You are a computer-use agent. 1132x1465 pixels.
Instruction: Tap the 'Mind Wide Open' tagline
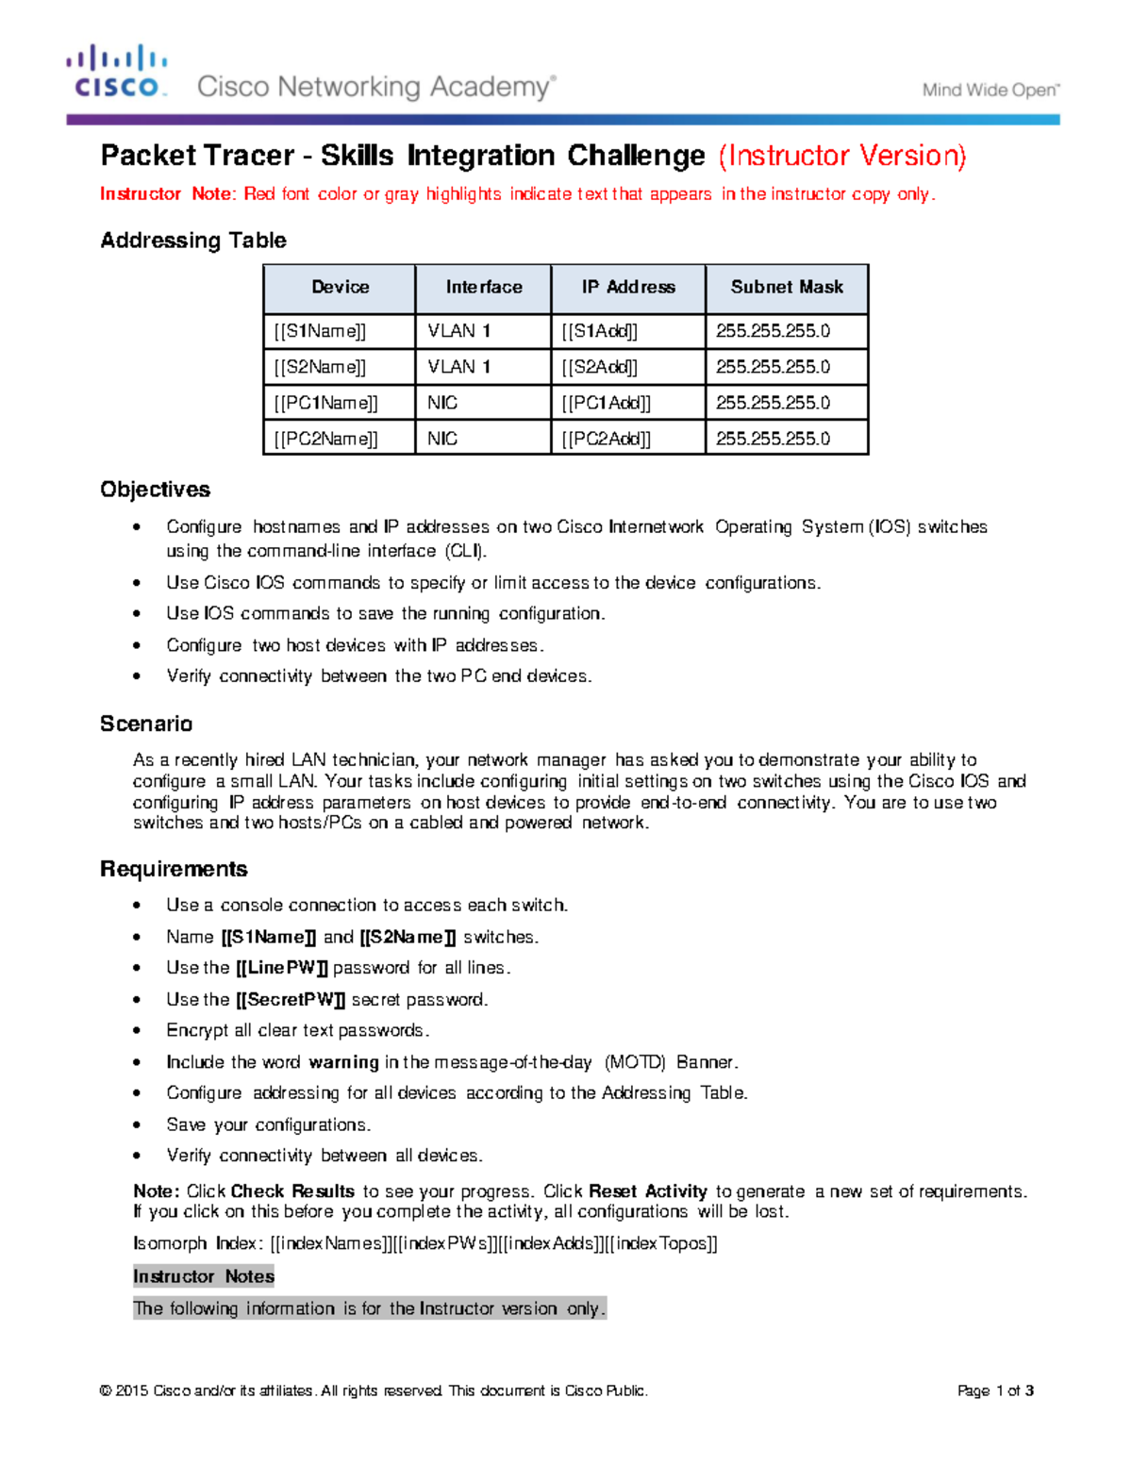pyautogui.click(x=990, y=91)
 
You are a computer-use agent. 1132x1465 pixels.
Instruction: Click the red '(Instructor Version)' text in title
pyautogui.click(x=842, y=156)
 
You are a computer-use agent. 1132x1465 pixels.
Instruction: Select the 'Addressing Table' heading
pyautogui.click(x=193, y=241)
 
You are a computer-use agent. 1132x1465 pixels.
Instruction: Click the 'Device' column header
pyautogui.click(x=340, y=288)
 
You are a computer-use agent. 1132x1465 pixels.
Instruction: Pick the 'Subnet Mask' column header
pyautogui.click(x=787, y=288)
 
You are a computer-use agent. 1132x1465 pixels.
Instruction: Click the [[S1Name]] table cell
pyautogui.click(x=321, y=331)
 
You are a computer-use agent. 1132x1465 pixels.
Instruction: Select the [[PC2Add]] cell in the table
pyautogui.click(x=607, y=439)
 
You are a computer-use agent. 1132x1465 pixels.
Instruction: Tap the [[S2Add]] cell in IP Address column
pyautogui.click(x=600, y=367)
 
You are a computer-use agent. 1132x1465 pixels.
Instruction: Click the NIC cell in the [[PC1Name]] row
pyautogui.click(x=442, y=403)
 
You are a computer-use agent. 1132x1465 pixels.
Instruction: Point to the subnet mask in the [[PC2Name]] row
pyautogui.click(x=773, y=439)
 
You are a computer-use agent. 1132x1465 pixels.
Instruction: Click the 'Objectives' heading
pyautogui.click(x=155, y=490)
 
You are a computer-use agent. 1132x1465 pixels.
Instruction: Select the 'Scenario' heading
pyautogui.click(x=146, y=724)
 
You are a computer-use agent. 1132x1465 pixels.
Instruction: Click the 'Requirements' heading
pyautogui.click(x=174, y=869)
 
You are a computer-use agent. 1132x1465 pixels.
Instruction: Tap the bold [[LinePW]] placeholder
pyautogui.click(x=281, y=968)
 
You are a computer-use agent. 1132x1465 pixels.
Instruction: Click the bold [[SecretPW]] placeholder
pyautogui.click(x=291, y=1000)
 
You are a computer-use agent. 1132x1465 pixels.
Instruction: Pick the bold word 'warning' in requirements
pyautogui.click(x=343, y=1062)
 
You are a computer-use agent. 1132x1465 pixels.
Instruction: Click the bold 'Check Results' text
pyautogui.click(x=292, y=1191)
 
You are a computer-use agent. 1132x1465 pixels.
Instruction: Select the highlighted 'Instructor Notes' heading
pyautogui.click(x=204, y=1276)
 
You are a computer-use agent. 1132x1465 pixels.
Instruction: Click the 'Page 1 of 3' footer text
pyautogui.click(x=995, y=1390)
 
